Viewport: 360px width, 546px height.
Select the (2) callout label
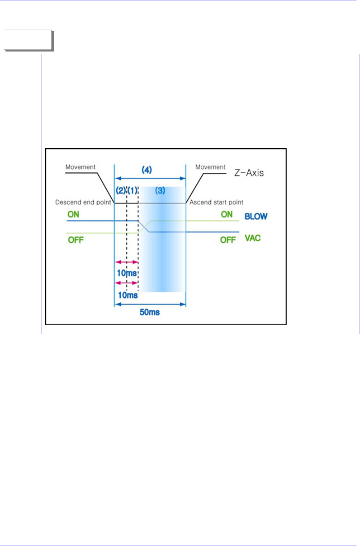click(x=120, y=190)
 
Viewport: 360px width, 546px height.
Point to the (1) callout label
click(x=133, y=190)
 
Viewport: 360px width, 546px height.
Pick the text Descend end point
click(x=83, y=203)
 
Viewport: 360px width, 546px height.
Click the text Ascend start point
click(x=216, y=203)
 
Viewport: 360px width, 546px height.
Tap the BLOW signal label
click(x=256, y=216)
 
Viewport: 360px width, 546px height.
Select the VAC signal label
click(x=253, y=238)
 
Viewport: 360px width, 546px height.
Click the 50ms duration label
click(x=150, y=313)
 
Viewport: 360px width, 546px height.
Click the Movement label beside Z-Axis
click(x=210, y=167)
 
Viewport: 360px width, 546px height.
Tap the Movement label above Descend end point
click(x=80, y=167)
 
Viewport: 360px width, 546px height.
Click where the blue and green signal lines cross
click(x=145, y=226)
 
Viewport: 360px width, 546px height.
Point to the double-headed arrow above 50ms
click(x=150, y=304)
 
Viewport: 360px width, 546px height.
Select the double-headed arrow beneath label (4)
click(x=150, y=178)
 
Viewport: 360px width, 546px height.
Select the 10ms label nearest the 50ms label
click(x=127, y=295)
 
